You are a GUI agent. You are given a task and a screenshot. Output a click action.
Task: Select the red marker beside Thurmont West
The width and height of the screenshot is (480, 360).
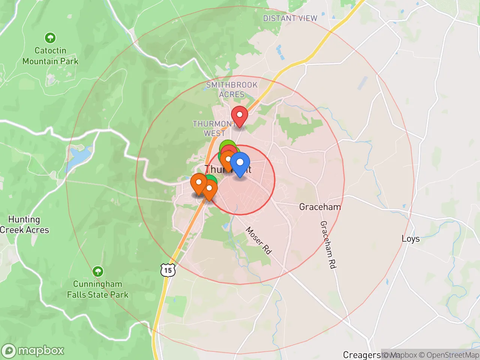coord(239,115)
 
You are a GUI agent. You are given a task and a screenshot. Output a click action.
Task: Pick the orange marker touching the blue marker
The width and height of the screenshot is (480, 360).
coord(227,160)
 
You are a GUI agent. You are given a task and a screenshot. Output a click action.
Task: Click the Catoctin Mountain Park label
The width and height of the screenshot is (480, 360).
coord(50,56)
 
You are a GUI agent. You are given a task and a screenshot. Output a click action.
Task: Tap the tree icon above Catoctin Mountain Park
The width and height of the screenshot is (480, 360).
coord(50,38)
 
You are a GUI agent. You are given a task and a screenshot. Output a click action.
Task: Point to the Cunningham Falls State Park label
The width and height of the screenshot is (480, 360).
coord(97,289)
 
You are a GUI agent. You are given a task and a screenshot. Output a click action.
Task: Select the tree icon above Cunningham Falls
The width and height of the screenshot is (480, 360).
coord(98,271)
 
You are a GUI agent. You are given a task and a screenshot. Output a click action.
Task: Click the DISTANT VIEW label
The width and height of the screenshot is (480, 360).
coord(290,18)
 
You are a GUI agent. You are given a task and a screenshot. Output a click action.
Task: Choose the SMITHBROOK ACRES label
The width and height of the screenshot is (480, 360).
coord(232,90)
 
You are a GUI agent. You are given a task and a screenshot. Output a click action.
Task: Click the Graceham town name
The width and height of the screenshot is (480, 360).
coord(320,207)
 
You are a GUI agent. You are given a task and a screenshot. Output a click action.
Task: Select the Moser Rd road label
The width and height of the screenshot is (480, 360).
coord(258,240)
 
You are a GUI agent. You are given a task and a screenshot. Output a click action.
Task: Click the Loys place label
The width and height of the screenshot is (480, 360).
coord(411,239)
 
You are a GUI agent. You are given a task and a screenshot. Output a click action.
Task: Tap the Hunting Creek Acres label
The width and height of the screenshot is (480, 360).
coord(24,225)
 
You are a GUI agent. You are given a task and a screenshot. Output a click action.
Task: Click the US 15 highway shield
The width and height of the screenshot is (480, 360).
coord(168,270)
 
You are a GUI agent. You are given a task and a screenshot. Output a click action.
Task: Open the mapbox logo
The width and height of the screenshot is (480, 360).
coord(33,351)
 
